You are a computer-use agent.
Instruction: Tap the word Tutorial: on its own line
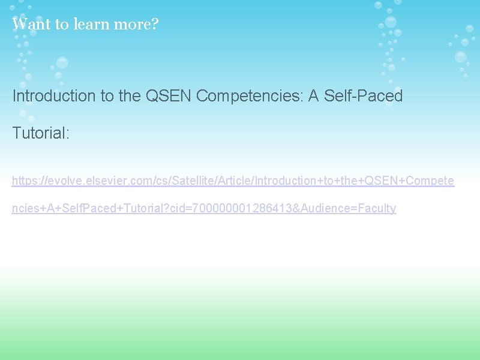(x=41, y=133)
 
